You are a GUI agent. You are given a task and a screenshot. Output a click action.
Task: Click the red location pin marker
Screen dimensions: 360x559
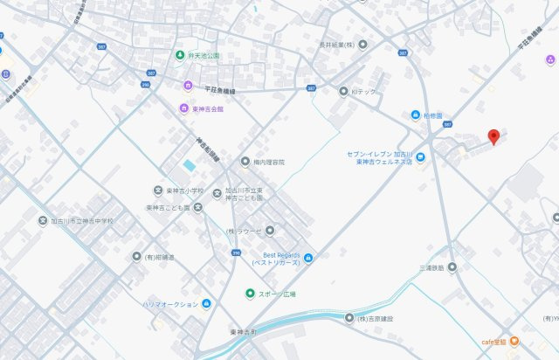click(x=493, y=136)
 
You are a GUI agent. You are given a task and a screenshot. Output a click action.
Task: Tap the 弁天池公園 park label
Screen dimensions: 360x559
click(x=204, y=55)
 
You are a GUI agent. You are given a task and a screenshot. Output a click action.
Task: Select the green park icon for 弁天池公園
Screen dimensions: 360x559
click(x=180, y=55)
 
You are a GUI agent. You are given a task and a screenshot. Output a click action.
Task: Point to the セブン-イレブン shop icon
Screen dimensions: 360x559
click(x=421, y=157)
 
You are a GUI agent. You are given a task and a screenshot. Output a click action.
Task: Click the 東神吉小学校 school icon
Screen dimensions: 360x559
click(x=157, y=190)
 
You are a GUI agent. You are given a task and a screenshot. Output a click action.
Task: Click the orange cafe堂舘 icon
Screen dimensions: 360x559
click(x=514, y=341)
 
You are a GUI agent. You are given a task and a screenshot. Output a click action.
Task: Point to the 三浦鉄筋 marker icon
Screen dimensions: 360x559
click(x=452, y=267)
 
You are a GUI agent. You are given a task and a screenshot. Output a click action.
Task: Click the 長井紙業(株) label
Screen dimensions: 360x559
click(x=335, y=45)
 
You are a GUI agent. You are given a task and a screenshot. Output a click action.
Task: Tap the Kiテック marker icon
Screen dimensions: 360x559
click(x=342, y=90)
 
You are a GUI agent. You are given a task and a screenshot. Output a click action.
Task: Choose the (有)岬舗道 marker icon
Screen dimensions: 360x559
click(x=136, y=257)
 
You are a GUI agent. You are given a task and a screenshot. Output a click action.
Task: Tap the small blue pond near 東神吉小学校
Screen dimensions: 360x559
click(x=190, y=166)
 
